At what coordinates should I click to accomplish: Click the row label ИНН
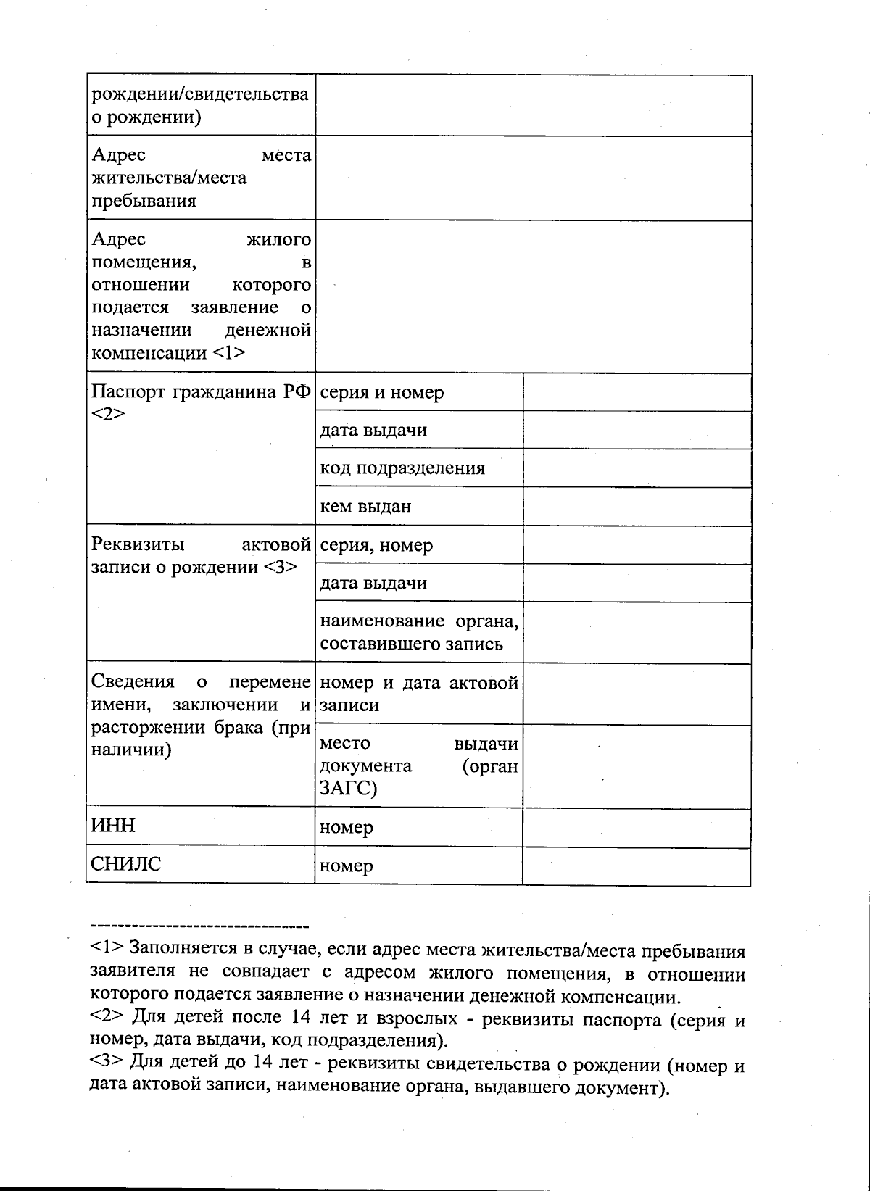coord(114,826)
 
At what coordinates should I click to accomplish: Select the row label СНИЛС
coord(126,864)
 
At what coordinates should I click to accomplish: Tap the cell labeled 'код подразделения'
coord(402,468)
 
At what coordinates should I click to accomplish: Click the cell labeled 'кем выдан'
coord(365,506)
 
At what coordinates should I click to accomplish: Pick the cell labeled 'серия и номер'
coord(382,392)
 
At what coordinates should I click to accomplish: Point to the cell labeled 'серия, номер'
coord(376,544)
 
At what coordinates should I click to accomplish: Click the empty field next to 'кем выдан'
coord(637,506)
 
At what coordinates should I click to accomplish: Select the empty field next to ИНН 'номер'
coord(637,827)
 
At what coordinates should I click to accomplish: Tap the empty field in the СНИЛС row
coord(637,866)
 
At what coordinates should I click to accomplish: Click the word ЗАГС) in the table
coord(348,788)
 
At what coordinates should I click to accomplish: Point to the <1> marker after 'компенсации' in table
coord(228,353)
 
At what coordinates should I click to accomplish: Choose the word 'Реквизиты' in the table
coord(138,544)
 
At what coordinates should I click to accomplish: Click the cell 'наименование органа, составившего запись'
coord(418,632)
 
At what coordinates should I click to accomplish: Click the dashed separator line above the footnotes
coord(199,926)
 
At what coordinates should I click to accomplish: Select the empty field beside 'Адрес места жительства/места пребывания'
coord(533,178)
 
